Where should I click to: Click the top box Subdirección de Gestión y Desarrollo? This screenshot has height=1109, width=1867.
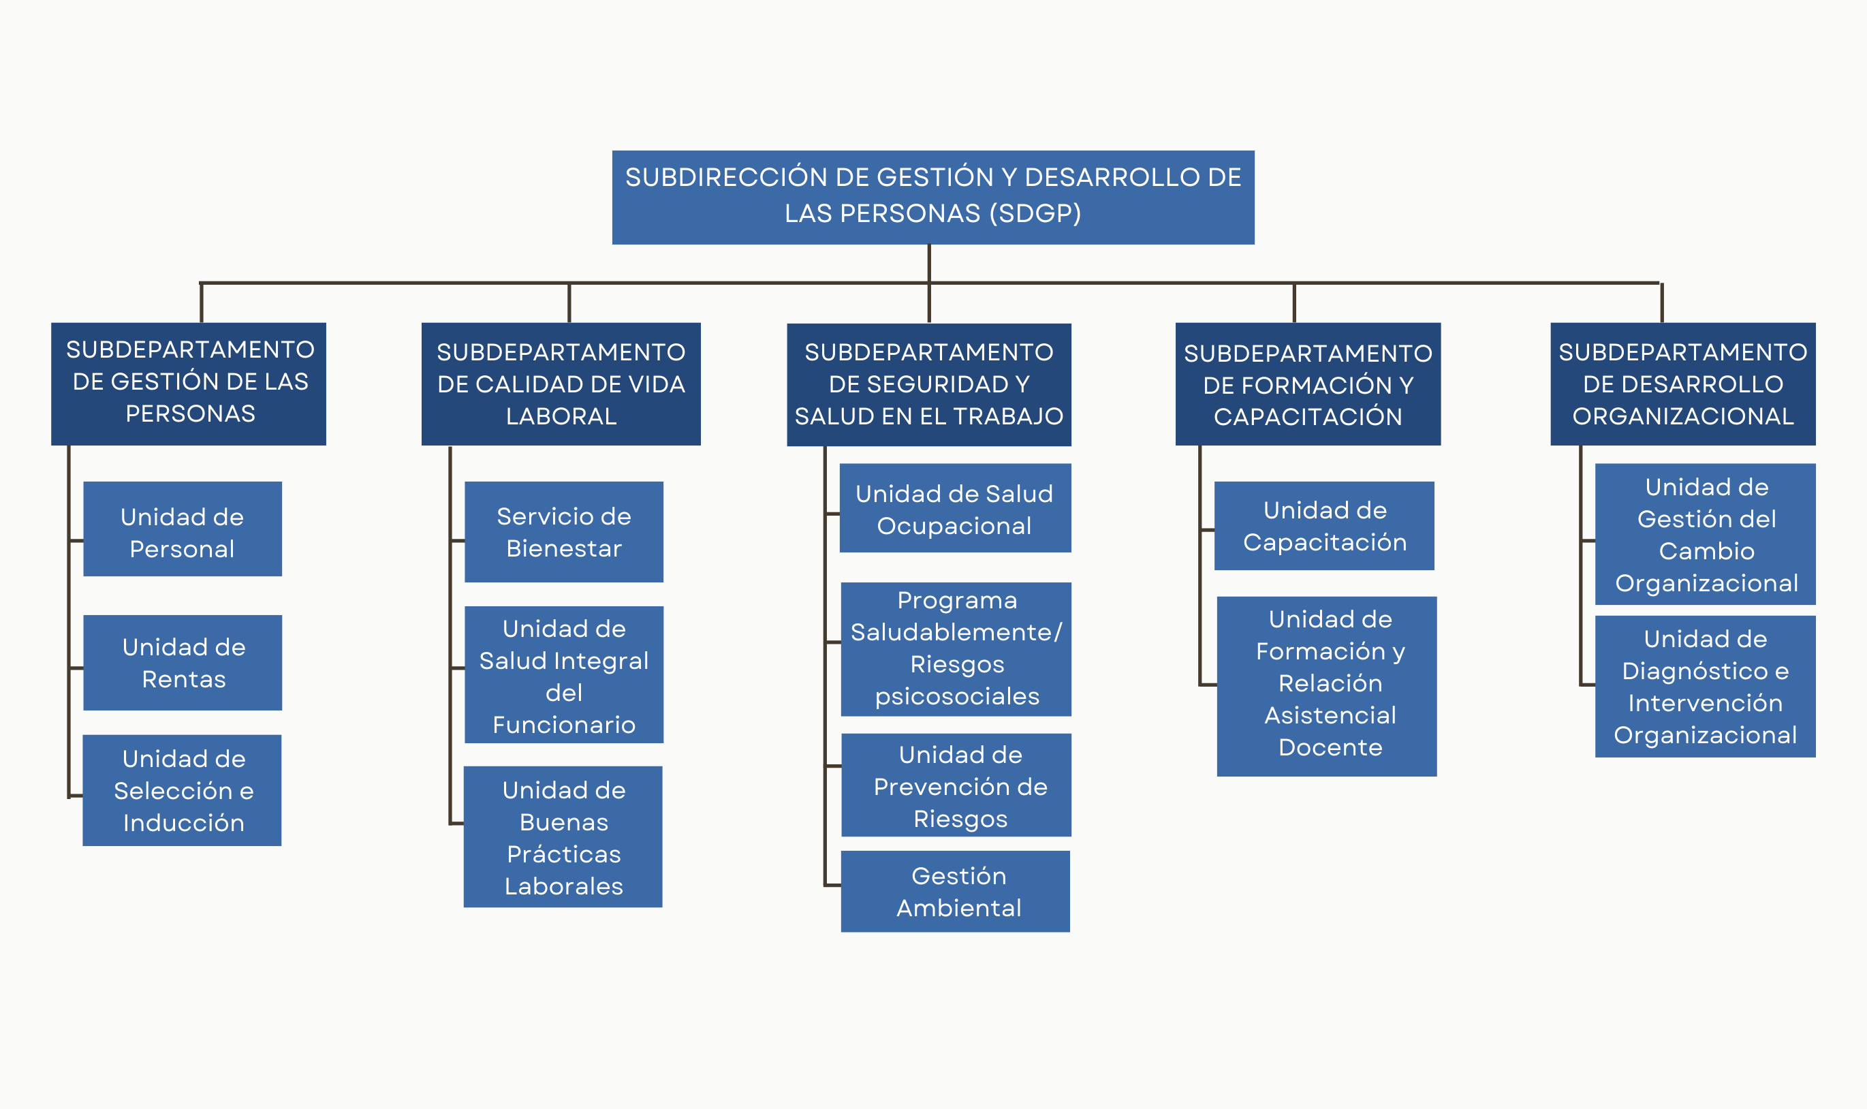pos(932,198)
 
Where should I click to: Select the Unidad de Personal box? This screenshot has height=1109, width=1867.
pos(183,529)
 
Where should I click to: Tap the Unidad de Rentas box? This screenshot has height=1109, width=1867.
pos(183,663)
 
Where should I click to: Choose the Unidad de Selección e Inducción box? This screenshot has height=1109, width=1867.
pos(183,791)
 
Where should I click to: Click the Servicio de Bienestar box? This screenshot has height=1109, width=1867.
pos(563,532)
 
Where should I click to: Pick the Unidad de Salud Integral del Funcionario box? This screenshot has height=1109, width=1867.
pos(563,675)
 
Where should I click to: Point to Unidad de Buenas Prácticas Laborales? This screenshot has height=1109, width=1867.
pos(563,837)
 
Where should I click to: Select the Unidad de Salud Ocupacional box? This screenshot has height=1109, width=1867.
pos(955,508)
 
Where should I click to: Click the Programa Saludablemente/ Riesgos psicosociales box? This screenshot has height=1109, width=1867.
pos(956,649)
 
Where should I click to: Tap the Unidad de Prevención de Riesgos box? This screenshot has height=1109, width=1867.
pos(956,785)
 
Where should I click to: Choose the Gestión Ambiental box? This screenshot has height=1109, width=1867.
pos(955,892)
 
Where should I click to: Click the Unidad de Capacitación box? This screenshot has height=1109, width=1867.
pos(1324,526)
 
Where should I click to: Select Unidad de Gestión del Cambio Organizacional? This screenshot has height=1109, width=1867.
pos(1705,534)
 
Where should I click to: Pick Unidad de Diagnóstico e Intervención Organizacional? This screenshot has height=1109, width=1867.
pos(1705,687)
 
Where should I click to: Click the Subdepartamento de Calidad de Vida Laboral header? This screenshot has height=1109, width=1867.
pos(561,384)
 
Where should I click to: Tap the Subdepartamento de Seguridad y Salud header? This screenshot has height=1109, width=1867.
pos(928,384)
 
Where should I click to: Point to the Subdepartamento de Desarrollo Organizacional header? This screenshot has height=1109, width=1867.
pos(1682,384)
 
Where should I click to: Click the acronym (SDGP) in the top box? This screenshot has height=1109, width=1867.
pos(1035,214)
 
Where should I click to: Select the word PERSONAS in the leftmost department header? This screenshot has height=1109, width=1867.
pos(190,413)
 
